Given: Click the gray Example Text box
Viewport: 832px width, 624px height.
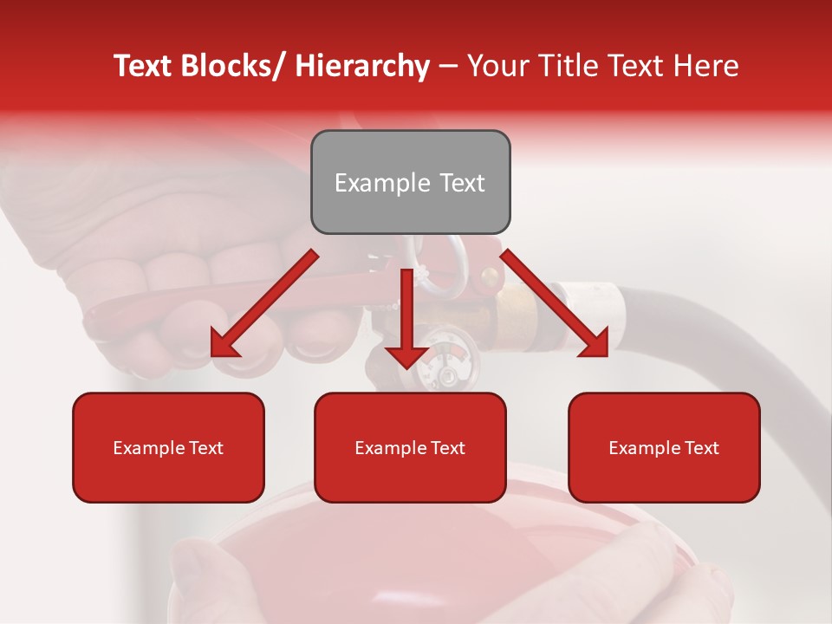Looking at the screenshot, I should (410, 182).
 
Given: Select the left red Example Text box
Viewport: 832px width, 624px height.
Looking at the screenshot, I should (168, 447).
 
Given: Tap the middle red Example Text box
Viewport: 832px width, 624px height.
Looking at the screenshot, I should (410, 447).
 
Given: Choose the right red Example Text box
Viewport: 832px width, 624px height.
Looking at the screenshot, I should (664, 447).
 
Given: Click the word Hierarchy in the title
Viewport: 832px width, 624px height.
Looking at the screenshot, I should (362, 67).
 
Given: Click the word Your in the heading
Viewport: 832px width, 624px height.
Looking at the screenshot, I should (498, 67).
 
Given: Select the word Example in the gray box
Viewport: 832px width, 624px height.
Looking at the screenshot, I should (370, 183).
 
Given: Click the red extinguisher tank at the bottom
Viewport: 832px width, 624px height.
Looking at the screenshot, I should (407, 555).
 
